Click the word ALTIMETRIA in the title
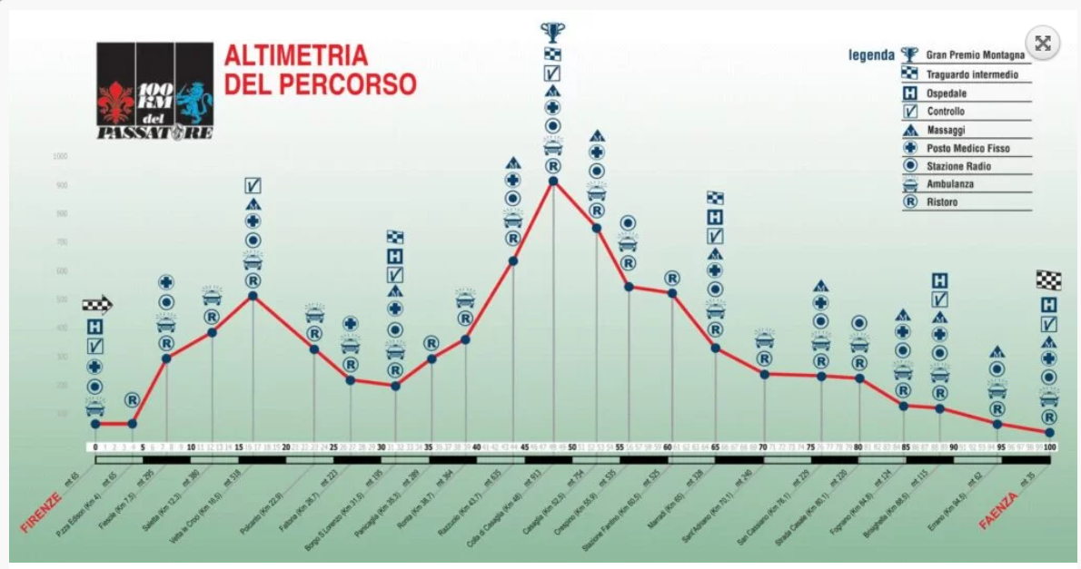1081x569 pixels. click(x=296, y=56)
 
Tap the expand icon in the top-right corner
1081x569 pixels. click(x=1043, y=43)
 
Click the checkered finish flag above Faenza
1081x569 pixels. click(x=1049, y=280)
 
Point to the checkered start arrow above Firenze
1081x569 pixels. click(x=96, y=306)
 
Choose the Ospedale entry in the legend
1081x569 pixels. click(x=946, y=93)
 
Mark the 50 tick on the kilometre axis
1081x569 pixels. click(x=571, y=447)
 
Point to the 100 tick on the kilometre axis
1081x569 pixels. click(x=1049, y=447)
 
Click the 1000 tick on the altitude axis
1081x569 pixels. click(x=61, y=156)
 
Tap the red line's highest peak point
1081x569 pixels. click(x=553, y=181)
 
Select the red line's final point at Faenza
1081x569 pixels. click(x=1049, y=432)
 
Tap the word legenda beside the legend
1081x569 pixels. click(x=871, y=54)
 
